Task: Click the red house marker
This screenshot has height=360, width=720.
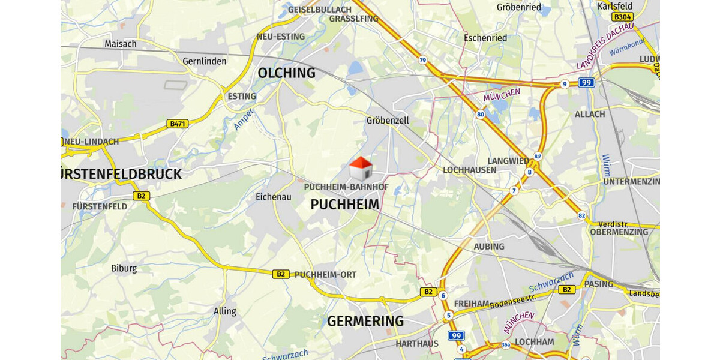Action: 361,169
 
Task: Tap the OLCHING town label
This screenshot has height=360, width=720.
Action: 286,73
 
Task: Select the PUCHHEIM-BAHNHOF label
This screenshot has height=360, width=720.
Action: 346,187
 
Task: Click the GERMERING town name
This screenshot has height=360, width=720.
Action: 365,321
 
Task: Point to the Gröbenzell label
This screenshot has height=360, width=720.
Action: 388,121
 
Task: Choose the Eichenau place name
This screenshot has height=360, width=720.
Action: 273,197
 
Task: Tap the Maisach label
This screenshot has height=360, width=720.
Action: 121,44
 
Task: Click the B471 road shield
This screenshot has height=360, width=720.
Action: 178,124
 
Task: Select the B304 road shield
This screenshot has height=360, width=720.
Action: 622,17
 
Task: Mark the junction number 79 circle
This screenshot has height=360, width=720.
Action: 423,60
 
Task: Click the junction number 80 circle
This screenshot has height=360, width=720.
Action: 480,114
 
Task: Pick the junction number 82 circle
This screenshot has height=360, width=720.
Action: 581,215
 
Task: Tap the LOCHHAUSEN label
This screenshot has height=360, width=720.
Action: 469,170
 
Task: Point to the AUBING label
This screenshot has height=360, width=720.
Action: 489,247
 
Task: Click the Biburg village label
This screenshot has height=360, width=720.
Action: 124,268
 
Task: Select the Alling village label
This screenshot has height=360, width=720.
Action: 225,311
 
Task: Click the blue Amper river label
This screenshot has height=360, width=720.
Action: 244,119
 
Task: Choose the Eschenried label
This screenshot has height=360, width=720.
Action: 485,38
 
